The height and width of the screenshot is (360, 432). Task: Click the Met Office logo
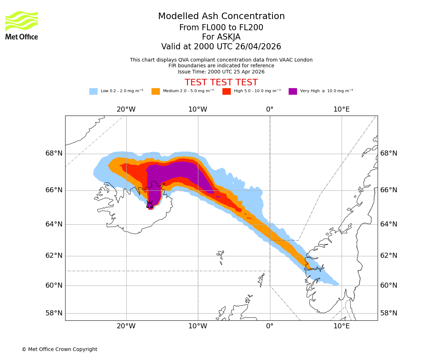click(22, 25)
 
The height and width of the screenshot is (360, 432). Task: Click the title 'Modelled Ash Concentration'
click(221, 17)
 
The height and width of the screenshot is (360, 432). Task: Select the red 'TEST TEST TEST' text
click(221, 82)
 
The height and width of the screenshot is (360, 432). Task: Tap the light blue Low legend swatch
click(93, 91)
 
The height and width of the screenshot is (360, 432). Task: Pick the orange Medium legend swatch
click(156, 91)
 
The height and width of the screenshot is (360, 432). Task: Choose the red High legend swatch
click(226, 91)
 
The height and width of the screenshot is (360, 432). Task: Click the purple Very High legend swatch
click(293, 91)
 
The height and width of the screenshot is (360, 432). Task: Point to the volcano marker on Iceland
click(149, 204)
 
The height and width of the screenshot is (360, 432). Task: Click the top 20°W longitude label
click(126, 109)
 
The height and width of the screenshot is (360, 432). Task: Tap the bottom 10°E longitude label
click(341, 326)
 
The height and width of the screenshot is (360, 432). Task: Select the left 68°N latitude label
click(54, 153)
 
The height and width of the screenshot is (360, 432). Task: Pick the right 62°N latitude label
click(389, 256)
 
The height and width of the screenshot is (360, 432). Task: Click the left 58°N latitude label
click(54, 313)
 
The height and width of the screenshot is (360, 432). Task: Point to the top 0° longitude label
click(270, 109)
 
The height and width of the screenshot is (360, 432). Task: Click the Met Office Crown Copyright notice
click(59, 349)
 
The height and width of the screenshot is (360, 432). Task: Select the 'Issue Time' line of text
click(221, 72)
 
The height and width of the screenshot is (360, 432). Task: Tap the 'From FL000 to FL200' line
click(221, 28)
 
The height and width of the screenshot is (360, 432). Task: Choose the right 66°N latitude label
click(389, 190)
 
